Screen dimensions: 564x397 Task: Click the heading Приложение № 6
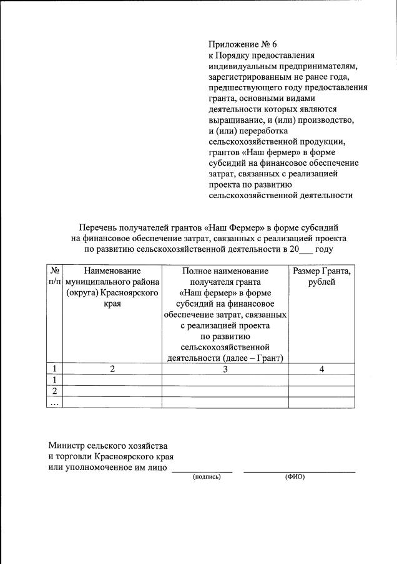tap(242, 44)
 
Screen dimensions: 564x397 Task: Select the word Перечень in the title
tap(99, 228)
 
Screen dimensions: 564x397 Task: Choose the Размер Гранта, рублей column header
tap(321, 277)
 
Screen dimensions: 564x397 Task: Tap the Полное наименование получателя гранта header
tap(225, 277)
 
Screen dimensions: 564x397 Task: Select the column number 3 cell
tap(225, 369)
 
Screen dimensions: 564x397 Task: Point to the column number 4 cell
tap(321, 369)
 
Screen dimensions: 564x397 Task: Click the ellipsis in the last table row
tap(55, 403)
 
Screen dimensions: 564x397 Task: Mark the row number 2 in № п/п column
tap(55, 391)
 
